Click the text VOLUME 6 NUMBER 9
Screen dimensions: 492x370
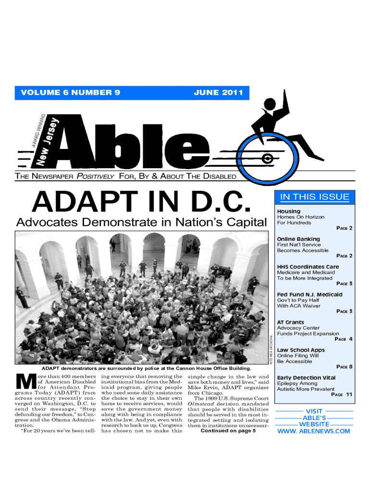[70, 92]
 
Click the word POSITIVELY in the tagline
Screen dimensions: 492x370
[95, 176]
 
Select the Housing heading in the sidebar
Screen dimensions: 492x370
[289, 211]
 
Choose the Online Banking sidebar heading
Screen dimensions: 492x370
[298, 239]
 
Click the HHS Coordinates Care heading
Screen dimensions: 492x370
[308, 267]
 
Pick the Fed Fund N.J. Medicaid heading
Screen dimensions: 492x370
[310, 295]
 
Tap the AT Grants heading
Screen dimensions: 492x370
[291, 322]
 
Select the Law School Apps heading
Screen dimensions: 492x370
[301, 350]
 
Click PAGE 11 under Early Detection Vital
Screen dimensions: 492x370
[342, 394]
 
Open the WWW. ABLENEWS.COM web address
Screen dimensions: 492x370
[314, 431]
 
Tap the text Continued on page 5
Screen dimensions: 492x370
[228, 430]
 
